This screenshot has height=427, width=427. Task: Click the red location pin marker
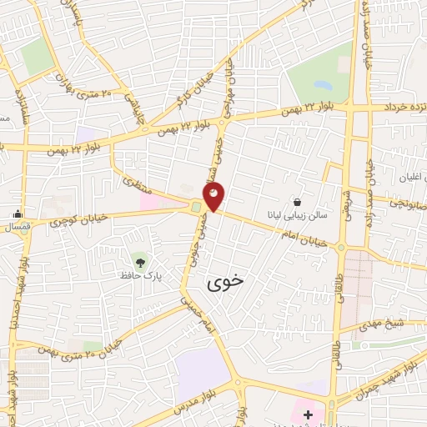[214, 197]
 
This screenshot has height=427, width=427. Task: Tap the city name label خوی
[225, 282]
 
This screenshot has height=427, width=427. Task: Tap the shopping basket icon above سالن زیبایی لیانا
[298, 201]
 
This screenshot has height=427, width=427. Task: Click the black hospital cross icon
[308, 414]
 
